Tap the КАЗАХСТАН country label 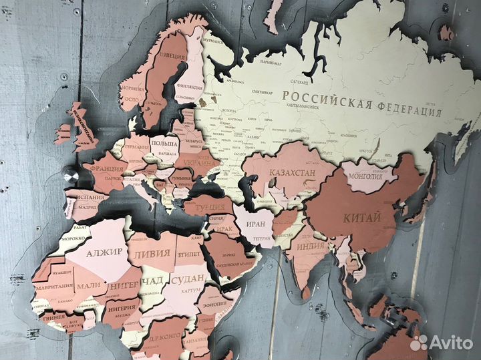point(292,174)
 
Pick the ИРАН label point(260,224)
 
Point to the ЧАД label point(152,280)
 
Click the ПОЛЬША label point(164,144)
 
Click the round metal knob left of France point(69,177)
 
